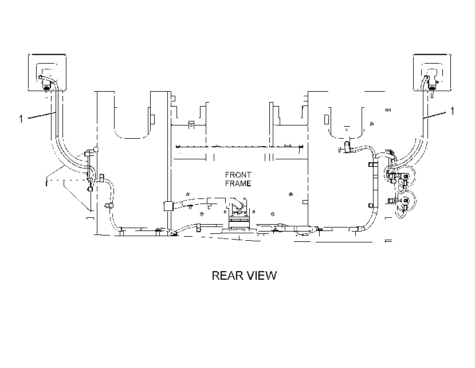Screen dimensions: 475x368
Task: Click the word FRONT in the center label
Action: pos(238,175)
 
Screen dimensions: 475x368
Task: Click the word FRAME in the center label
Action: pos(238,183)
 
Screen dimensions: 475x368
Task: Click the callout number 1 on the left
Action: pos(21,119)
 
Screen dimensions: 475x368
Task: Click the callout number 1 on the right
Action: pos(452,111)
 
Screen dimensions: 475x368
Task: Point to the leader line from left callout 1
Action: pos(42,115)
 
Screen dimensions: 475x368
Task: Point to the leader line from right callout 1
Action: pos(435,115)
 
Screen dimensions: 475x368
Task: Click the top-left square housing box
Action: pos(47,72)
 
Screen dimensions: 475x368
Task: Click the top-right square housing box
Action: pos(431,72)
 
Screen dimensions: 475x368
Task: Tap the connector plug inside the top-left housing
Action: pos(46,88)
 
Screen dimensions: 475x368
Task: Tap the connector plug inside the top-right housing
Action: pos(431,88)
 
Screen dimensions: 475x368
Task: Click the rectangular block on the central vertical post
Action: pos(168,206)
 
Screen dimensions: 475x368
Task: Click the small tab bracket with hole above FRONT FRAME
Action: pos(191,124)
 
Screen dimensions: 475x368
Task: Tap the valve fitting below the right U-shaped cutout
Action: pos(347,146)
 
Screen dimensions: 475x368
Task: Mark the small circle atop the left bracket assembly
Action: pos(96,149)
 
